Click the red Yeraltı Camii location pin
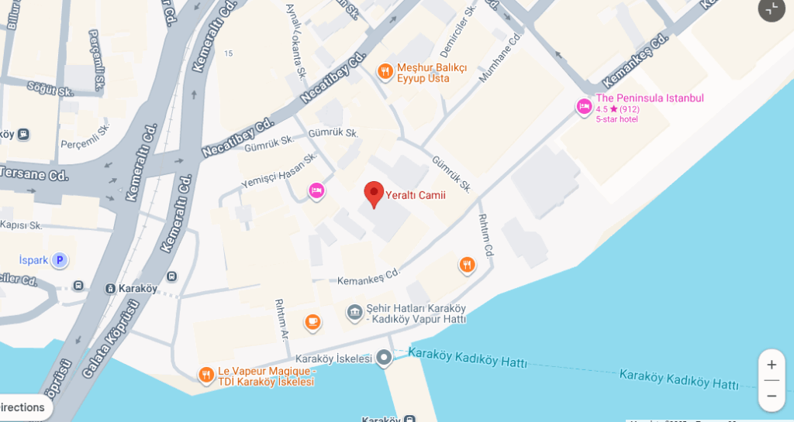point(374,194)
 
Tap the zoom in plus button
point(772,365)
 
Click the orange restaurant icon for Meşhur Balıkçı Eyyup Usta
point(385,72)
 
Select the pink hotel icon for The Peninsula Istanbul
point(584,107)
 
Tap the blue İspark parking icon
point(60,260)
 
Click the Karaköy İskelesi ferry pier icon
point(384,359)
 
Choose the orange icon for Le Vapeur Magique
point(205,376)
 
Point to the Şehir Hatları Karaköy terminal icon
point(354,312)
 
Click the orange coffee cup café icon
point(312,321)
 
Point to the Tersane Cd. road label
point(34,175)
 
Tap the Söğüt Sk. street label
point(50,90)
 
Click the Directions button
point(23,407)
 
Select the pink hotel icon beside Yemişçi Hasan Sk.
point(316,190)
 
